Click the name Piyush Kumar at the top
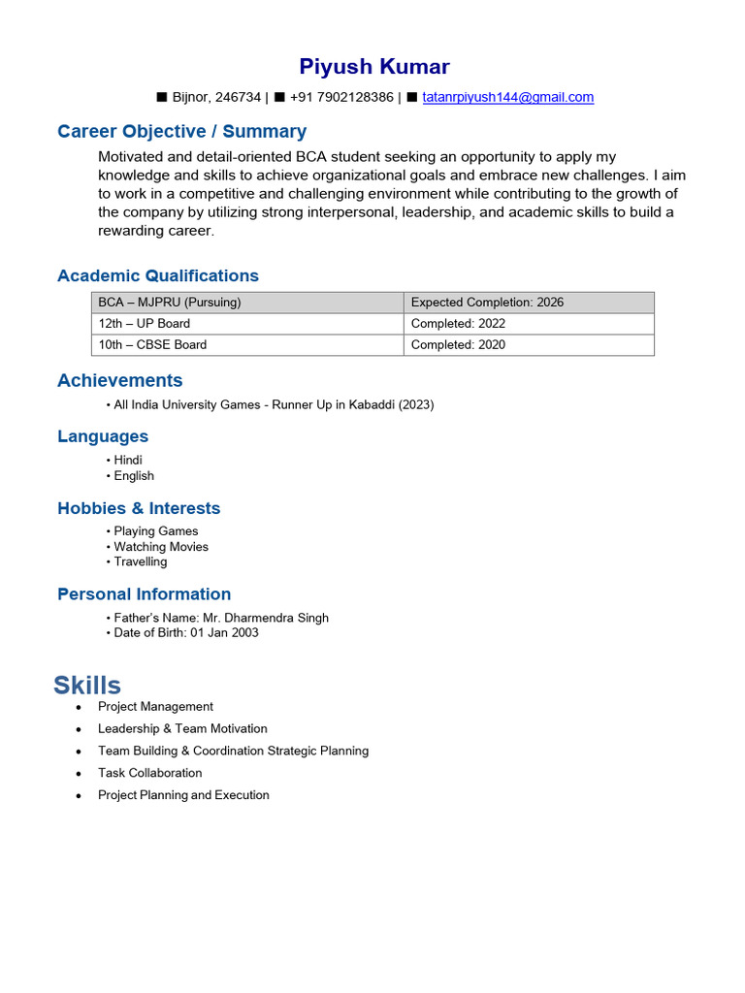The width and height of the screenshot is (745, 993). tap(373, 67)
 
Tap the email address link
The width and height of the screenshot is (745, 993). tap(507, 97)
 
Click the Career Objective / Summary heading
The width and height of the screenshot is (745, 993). tap(181, 132)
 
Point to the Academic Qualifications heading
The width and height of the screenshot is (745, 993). tap(158, 275)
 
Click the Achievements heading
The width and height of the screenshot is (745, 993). tap(119, 380)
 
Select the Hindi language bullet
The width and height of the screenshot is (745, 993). tap(127, 460)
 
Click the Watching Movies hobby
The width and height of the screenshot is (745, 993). tap(160, 546)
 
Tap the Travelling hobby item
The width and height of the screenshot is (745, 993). tap(140, 561)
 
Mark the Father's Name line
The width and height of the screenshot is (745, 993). tap(220, 618)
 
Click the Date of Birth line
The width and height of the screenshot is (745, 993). tap(185, 633)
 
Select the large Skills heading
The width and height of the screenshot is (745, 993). tap(87, 686)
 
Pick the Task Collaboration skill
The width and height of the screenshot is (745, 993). tap(149, 773)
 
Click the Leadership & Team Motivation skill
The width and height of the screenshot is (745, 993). tap(182, 728)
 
